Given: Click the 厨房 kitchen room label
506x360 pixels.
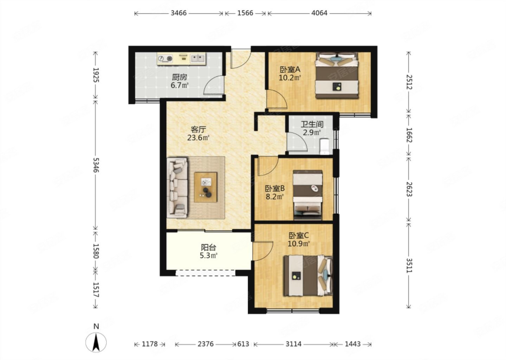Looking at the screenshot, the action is (179, 77).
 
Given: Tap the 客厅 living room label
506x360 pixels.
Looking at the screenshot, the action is (198, 129).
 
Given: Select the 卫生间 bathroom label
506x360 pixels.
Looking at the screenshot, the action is (312, 124).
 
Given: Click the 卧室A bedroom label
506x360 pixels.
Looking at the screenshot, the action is (290, 70).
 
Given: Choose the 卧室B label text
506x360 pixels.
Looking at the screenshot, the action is (275, 188).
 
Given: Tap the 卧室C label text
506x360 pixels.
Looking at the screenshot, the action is (298, 236).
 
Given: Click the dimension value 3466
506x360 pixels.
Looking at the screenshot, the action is (179, 13).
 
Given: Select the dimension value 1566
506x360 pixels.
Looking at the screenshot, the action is (245, 13).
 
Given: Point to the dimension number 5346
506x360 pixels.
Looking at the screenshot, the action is (96, 165).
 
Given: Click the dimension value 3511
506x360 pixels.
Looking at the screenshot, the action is (409, 265).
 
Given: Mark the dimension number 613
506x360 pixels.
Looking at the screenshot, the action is (243, 344).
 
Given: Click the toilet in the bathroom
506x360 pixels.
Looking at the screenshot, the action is (325, 147).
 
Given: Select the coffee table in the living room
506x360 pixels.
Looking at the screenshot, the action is (206, 187).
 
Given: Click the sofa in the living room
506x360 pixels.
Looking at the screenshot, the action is (177, 188).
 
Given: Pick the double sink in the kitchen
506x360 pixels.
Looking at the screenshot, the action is (198, 58).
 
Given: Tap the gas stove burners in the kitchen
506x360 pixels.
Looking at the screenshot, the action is (165, 59).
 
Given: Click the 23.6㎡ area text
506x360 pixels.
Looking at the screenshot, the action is (198, 137).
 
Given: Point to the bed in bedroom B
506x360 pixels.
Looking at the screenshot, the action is (308, 195).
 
